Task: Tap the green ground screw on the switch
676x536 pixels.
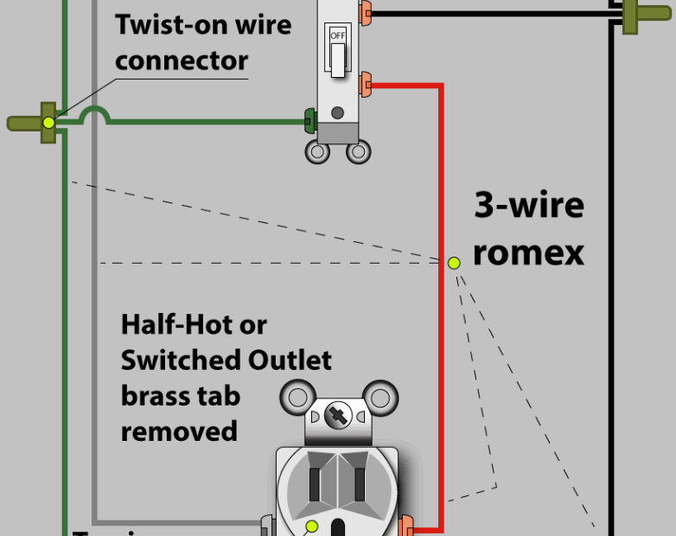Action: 308,120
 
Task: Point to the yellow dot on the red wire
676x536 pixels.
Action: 454,262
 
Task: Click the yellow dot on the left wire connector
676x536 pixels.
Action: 49,123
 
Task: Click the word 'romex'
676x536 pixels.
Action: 528,252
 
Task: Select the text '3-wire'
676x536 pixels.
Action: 528,207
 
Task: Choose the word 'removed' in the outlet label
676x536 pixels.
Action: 179,430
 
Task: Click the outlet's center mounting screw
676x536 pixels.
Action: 338,416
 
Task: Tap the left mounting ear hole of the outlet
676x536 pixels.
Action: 299,398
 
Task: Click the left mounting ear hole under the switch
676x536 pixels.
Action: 318,153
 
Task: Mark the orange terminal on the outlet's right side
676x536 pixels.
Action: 405,524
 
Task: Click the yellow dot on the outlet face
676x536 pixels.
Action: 312,526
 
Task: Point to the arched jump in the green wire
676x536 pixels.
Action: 93,115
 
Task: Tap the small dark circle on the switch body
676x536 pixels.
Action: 338,112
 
